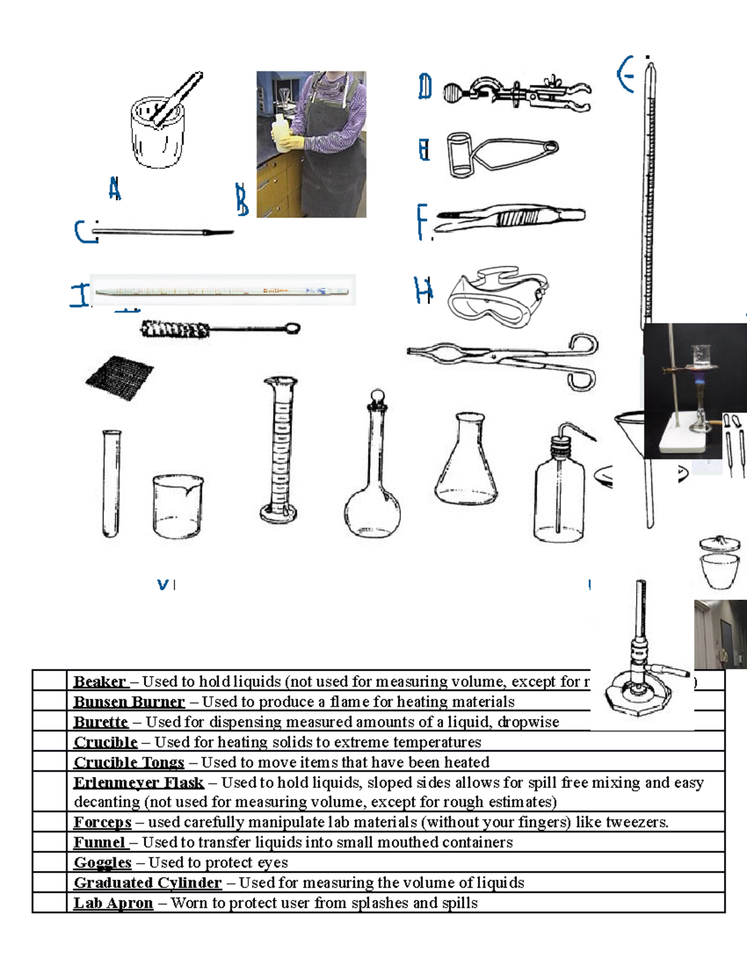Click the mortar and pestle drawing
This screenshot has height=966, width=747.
(159, 128)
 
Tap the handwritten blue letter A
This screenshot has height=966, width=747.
(115, 188)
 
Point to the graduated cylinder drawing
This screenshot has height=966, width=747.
(280, 451)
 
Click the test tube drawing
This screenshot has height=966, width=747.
(111, 483)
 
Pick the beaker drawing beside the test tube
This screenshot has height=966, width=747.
(177, 506)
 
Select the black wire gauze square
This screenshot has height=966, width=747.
(120, 378)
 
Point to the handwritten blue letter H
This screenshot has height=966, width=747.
(423, 290)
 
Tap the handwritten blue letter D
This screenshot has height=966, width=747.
(425, 86)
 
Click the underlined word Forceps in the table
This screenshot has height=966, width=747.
(103, 822)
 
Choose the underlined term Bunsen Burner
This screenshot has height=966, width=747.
(129, 702)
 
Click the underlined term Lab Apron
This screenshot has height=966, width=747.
(113, 903)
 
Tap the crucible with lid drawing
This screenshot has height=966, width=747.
(720, 563)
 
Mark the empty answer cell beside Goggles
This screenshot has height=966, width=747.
(50, 863)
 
